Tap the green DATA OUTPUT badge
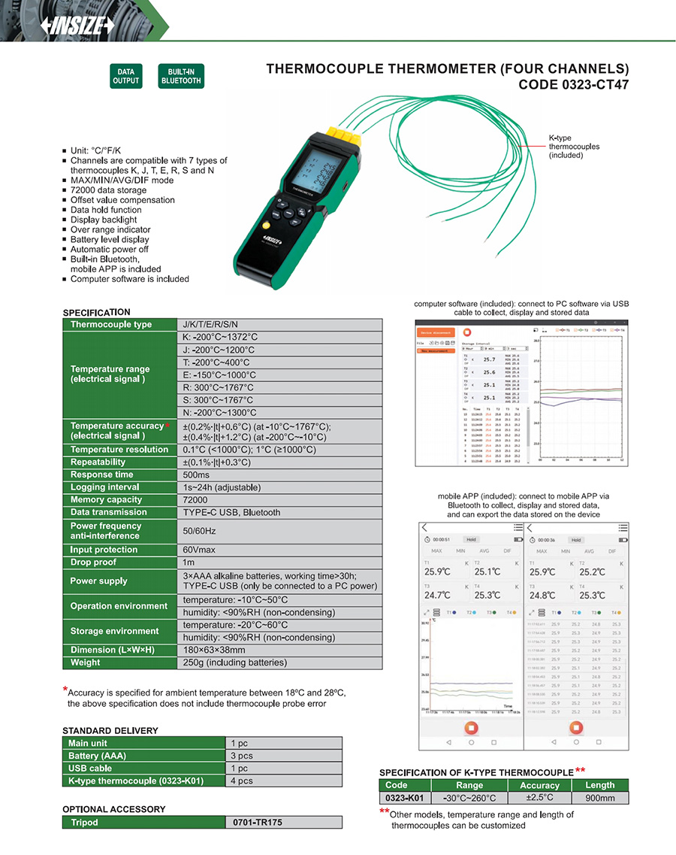pos(126,77)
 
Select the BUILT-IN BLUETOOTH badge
pos(181,77)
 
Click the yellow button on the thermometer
pos(267,226)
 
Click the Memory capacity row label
pos(106,500)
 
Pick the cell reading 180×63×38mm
pos(214,650)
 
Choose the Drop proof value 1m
pos(189,562)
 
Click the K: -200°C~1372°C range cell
pos(220,337)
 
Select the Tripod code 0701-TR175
pos(258,823)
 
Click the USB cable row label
pos(90,769)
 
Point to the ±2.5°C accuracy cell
pos(539,798)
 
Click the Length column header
pos(599,785)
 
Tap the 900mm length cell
pos(599,798)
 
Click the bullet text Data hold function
pos(106,210)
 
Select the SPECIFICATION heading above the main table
pos(96,312)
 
